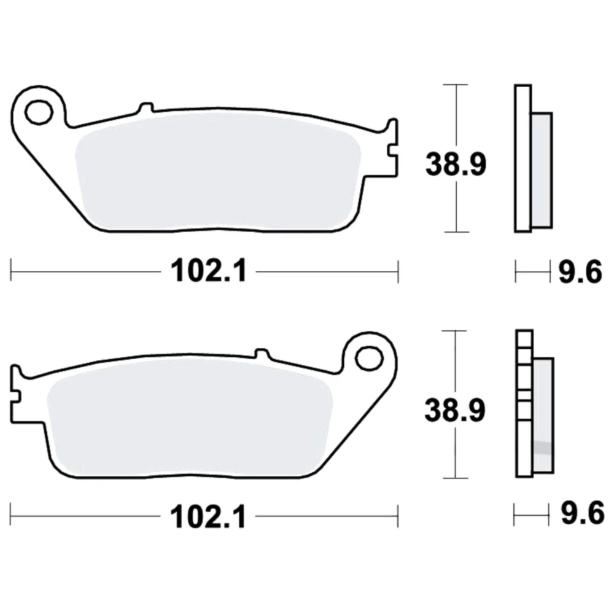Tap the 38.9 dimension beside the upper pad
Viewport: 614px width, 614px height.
(x=456, y=165)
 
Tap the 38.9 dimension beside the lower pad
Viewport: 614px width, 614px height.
(x=455, y=410)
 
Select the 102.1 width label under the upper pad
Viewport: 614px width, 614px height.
(x=209, y=271)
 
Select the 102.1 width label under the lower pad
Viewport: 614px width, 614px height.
(x=208, y=517)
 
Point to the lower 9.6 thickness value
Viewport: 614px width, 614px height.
(x=583, y=513)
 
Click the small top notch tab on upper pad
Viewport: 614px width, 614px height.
(x=146, y=108)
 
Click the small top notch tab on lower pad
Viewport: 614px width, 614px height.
(x=262, y=354)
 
